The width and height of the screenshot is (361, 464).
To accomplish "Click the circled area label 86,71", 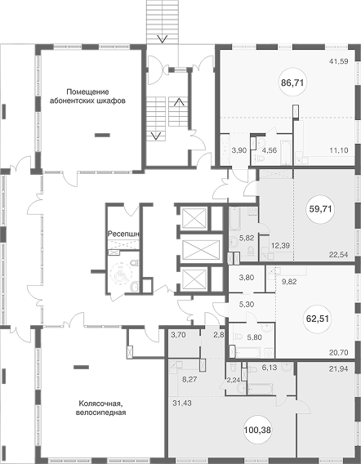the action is [x=292, y=83].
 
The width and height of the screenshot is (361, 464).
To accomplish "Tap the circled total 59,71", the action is [x=320, y=209].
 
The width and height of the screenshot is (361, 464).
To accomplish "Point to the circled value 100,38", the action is [x=257, y=430].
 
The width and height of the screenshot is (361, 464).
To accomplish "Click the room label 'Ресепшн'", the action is [x=123, y=234].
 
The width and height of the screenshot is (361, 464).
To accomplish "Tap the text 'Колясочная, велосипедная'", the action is [x=101, y=408].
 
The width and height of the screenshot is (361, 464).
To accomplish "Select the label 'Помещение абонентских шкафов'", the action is [x=87, y=96].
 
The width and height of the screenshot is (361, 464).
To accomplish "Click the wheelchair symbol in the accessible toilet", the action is [x=120, y=274].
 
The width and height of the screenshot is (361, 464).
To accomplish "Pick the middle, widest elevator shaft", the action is [x=201, y=248].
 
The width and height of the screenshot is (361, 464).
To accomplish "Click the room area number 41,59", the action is [x=338, y=61].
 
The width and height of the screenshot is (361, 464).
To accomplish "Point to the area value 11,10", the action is [x=338, y=150].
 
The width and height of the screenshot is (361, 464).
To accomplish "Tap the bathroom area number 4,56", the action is [x=270, y=150].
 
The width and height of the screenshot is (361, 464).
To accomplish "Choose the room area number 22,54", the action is [x=338, y=254].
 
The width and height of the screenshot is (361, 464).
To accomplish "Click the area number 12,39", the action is [x=280, y=245].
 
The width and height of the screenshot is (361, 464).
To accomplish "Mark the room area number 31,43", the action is [x=181, y=403].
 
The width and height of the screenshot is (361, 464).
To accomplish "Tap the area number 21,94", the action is [x=338, y=368].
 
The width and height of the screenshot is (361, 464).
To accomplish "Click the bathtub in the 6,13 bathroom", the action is [x=261, y=389].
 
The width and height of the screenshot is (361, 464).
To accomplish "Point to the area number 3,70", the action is [x=178, y=335].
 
